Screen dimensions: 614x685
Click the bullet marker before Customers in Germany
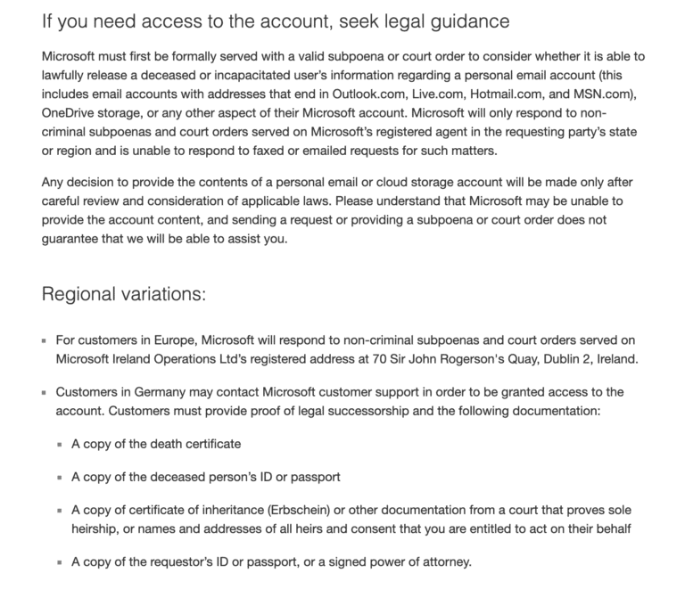pyautogui.click(x=45, y=393)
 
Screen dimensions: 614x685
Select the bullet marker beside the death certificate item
pyautogui.click(x=61, y=445)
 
